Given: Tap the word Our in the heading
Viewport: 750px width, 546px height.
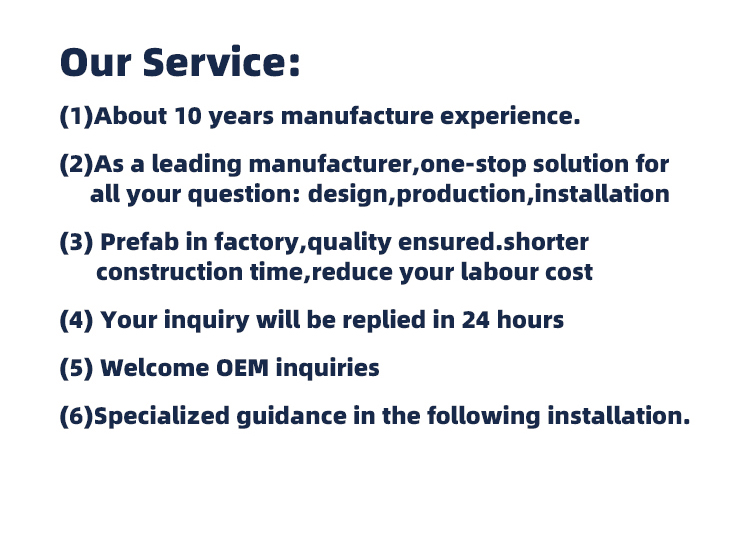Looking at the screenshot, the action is click(96, 62).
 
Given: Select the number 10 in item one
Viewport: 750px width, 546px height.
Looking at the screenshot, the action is click(188, 116).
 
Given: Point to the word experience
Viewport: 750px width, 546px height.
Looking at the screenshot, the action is click(510, 117).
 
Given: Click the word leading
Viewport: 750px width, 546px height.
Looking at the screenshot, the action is click(197, 165).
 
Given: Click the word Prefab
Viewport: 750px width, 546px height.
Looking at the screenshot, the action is click(140, 242).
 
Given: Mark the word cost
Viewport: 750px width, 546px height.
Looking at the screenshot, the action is click(569, 273).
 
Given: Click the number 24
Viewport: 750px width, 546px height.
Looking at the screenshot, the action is click(476, 320).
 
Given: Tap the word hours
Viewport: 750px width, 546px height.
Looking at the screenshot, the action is click(530, 320).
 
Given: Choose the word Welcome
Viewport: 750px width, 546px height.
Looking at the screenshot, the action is click(154, 368).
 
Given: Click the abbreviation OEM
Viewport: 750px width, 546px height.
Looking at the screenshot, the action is click(243, 368).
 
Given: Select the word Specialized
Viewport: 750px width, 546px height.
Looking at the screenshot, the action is click(162, 416).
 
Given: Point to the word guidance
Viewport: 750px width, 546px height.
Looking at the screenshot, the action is click(291, 416).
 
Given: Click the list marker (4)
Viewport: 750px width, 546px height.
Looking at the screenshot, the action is click(77, 320).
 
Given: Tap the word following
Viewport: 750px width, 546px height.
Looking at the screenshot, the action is click(484, 416).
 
